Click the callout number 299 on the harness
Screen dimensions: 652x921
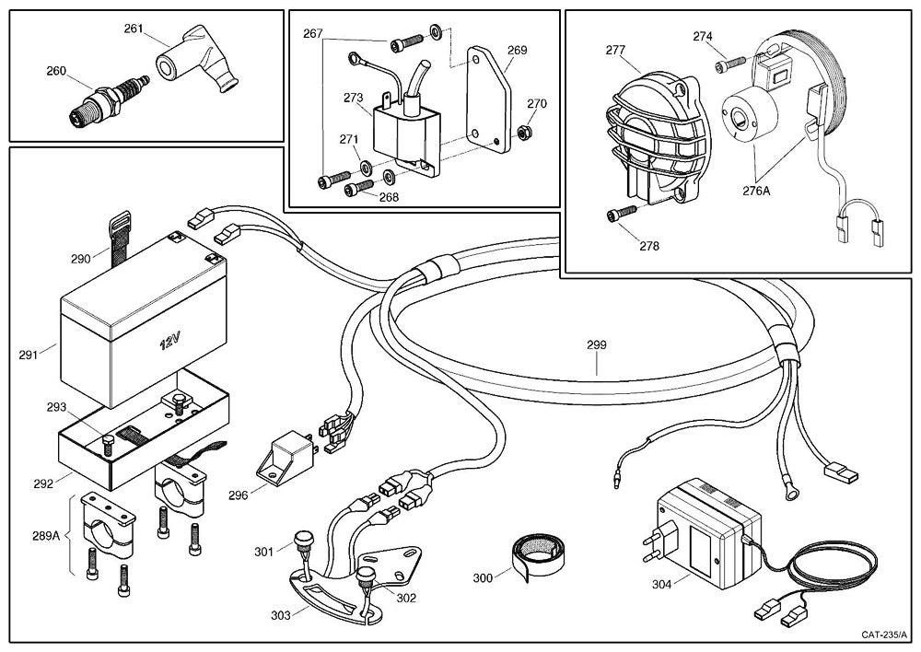pyautogui.click(x=597, y=346)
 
